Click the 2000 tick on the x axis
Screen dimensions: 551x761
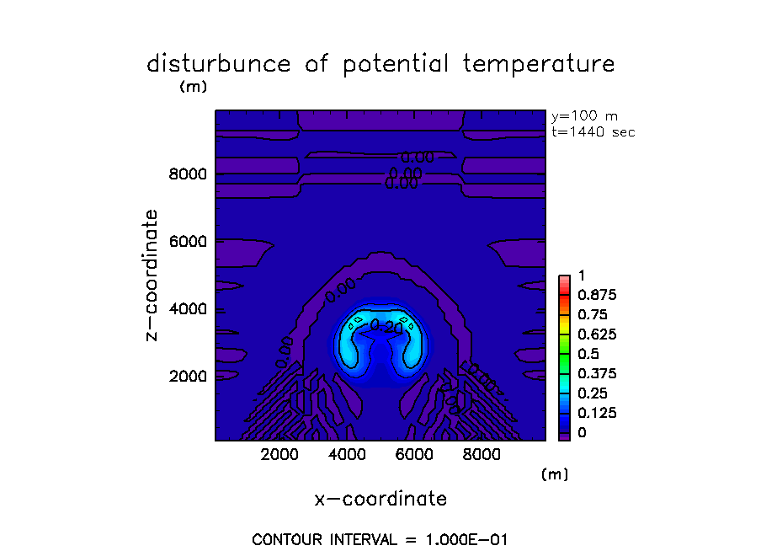[280, 454]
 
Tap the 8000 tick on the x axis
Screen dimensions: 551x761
[481, 454]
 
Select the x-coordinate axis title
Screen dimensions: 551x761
[380, 499]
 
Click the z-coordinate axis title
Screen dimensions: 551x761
[152, 275]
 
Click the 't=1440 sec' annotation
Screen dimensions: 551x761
[593, 132]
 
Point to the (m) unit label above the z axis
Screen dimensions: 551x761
[194, 87]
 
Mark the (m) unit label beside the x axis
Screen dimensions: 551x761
[555, 474]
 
